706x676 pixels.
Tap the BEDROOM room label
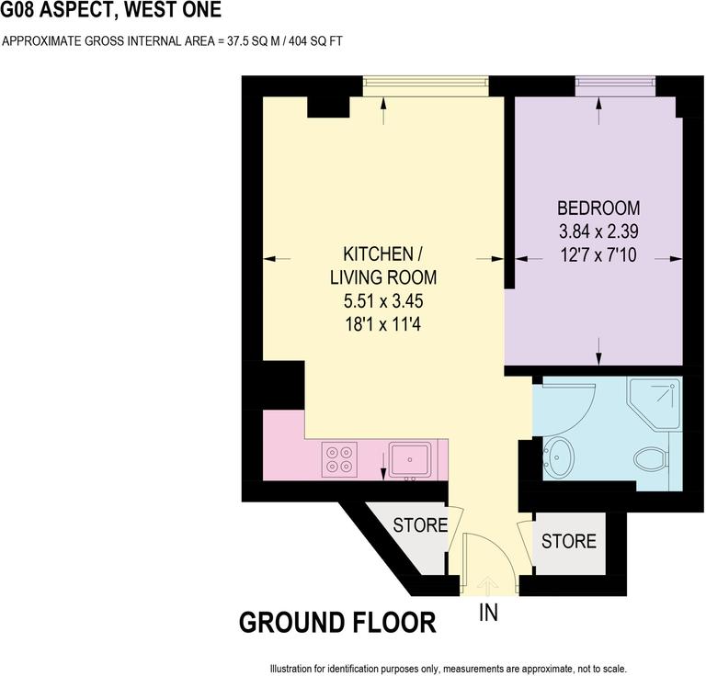click(x=599, y=208)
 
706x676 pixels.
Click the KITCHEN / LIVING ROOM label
click(x=383, y=265)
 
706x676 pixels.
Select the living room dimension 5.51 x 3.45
click(x=383, y=300)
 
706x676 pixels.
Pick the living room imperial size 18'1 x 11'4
click(x=383, y=323)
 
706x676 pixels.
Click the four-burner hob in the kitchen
click(x=340, y=458)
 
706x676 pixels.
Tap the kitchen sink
click(x=408, y=457)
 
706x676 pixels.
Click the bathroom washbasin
click(x=558, y=453)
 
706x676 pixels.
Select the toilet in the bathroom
click(x=652, y=456)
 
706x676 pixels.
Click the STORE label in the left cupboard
click(x=420, y=526)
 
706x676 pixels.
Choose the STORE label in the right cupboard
click(x=568, y=542)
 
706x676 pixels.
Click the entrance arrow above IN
click(x=487, y=583)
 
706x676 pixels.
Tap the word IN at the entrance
click(x=487, y=612)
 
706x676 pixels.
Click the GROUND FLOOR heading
click(x=337, y=623)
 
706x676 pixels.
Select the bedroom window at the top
click(x=615, y=85)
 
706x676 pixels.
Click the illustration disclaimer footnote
click(x=448, y=668)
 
